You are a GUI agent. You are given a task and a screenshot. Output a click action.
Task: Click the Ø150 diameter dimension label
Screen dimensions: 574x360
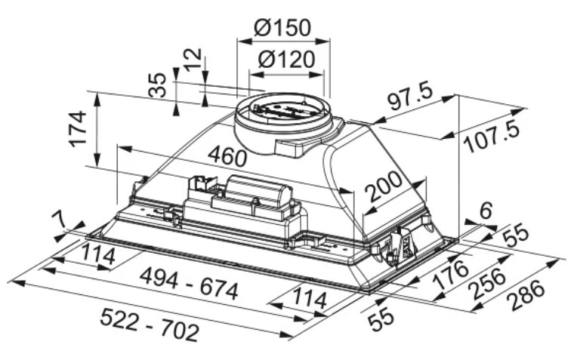tap(282, 27)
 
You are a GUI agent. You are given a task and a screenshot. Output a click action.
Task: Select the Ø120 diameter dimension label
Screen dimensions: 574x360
tap(286, 59)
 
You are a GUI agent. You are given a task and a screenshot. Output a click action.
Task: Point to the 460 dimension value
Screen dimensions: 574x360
tap(227, 156)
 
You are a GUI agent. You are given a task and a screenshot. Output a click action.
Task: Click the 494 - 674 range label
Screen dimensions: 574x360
tap(190, 282)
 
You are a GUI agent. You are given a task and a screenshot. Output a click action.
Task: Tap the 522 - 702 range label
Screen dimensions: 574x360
tap(150, 324)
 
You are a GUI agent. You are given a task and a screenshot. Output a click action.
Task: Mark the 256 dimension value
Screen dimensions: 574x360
tap(489, 282)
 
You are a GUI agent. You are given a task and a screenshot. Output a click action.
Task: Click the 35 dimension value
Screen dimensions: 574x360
tap(157, 85)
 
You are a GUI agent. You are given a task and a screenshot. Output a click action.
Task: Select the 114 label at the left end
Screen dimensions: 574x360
tap(97, 255)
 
